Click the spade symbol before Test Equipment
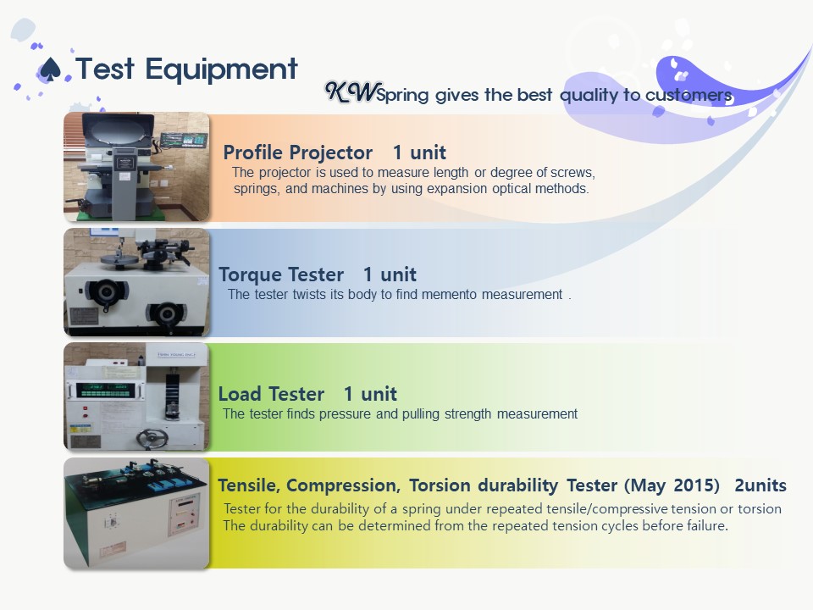pos(50,69)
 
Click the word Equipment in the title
pos(221,70)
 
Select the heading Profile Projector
pos(297,152)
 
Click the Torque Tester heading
pos(281,274)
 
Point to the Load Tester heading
pos(271,394)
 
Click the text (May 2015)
pos(672,485)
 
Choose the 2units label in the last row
pos(760,485)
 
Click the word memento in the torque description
pos(449,295)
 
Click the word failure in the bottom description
pos(707,525)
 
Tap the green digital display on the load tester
pos(105,390)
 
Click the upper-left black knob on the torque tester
pos(107,291)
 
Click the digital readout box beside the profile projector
pos(184,141)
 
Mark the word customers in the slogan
pos(689,95)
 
